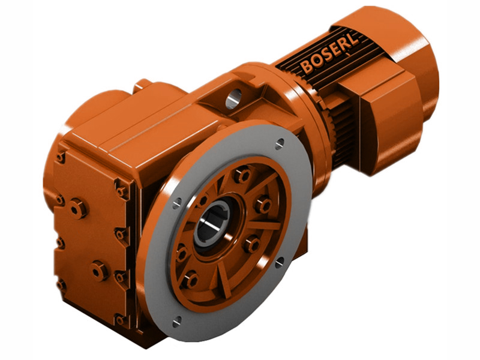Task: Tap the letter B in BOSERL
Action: (x=307, y=67)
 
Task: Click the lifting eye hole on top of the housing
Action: (x=233, y=96)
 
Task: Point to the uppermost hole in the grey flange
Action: (x=280, y=143)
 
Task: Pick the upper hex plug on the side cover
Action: (x=77, y=208)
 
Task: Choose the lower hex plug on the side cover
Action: (x=98, y=271)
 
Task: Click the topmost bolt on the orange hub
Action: (x=242, y=175)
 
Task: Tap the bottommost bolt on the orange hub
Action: (x=190, y=280)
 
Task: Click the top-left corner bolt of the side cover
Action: (x=61, y=157)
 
